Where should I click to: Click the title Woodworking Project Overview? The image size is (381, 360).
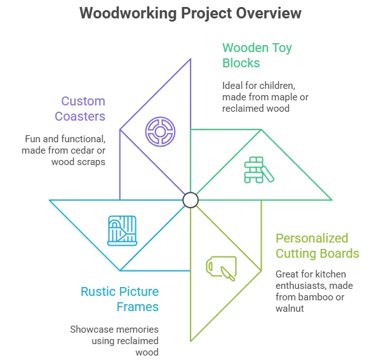[190, 13]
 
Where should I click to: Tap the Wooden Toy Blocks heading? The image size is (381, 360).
[257, 55]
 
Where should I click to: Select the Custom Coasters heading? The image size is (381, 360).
[80, 109]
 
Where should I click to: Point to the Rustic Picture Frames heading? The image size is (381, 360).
[119, 299]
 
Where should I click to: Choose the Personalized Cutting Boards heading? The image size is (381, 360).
[317, 246]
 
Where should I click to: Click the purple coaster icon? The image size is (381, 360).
[160, 131]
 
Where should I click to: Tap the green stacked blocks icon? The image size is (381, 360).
[259, 170]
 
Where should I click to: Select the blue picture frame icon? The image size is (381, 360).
[122, 230]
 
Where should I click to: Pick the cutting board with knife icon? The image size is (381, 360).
[221, 269]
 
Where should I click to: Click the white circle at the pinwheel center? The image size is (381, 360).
[190, 200]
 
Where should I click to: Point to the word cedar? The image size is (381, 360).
[79, 150]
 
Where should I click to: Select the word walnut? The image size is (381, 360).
[290, 309]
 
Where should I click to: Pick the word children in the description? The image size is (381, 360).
[279, 86]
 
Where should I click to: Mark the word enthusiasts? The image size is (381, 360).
[301, 286]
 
